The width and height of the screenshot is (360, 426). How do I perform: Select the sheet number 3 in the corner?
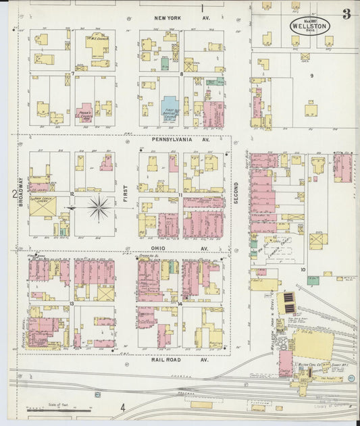click(x=346, y=14)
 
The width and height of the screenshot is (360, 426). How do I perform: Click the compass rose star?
click(x=99, y=208)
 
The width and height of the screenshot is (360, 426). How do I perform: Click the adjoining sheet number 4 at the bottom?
click(x=123, y=407)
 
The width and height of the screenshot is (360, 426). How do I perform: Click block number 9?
click(x=311, y=76)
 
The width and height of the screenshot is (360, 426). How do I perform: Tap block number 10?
click(x=303, y=269)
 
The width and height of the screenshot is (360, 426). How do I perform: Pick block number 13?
click(x=71, y=304)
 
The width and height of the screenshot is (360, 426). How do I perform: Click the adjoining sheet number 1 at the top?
click(x=202, y=8)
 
